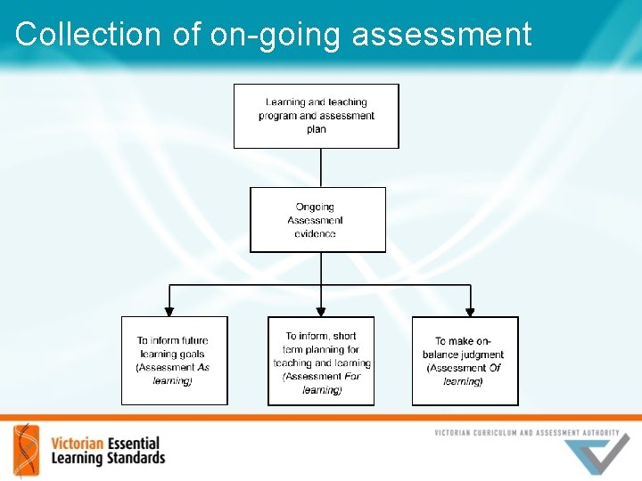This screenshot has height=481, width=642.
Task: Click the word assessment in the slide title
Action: pyautogui.click(x=441, y=36)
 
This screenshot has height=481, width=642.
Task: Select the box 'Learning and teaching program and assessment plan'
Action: pyautogui.click(x=316, y=116)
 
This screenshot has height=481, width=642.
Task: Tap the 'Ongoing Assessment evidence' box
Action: pyautogui.click(x=317, y=220)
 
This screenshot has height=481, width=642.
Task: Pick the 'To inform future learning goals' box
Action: pyautogui.click(x=174, y=361)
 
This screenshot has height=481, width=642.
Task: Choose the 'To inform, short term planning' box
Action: pyautogui.click(x=321, y=362)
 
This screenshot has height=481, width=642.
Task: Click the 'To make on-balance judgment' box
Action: pyautogui.click(x=465, y=361)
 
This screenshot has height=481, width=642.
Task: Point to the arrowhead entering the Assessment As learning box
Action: pyautogui.click(x=169, y=312)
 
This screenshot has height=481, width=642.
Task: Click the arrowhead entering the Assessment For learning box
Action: pyautogui.click(x=321, y=312)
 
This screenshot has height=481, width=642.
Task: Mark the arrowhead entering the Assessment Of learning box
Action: pyautogui.click(x=470, y=312)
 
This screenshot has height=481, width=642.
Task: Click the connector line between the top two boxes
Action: pyautogui.click(x=321, y=167)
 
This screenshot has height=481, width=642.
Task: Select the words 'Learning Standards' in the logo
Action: pyautogui.click(x=108, y=458)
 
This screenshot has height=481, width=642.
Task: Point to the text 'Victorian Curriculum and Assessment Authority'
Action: pyautogui.click(x=526, y=433)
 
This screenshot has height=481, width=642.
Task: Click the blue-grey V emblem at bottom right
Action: pyautogui.click(x=597, y=454)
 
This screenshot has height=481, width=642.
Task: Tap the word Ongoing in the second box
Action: pyautogui.click(x=315, y=208)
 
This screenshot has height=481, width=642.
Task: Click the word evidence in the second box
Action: pyautogui.click(x=315, y=234)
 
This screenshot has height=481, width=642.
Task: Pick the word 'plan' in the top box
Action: pyautogui.click(x=316, y=130)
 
